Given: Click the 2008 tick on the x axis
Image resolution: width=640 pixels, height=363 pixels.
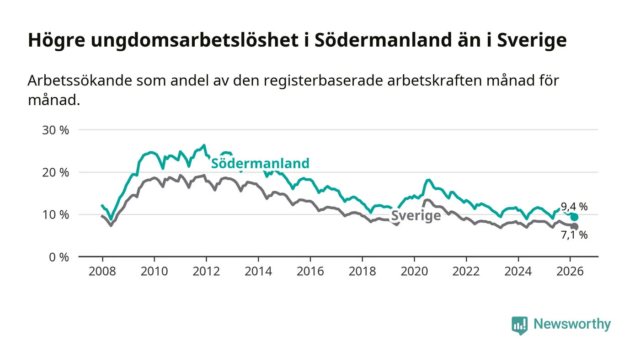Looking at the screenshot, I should pos(102,271).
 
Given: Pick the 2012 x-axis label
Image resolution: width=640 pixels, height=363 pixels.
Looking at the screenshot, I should pos(206,271).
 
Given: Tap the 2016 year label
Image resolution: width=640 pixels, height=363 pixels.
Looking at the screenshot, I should pos(310,271).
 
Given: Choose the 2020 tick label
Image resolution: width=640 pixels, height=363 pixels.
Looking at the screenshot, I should pos(414,271).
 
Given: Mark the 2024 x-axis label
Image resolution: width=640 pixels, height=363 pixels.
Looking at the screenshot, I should pos(517,271).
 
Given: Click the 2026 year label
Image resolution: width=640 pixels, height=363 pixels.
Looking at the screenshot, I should pos(570,271).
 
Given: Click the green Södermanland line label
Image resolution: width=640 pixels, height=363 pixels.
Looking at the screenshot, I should pos(260,163).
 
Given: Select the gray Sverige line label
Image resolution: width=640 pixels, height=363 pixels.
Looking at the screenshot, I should pos(416,216).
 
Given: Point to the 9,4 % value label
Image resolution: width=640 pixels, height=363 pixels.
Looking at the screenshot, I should pos(574,207).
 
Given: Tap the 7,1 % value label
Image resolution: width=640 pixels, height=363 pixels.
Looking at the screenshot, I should pos(574,235).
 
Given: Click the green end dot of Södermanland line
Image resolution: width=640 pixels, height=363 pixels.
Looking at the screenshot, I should pos(574,217).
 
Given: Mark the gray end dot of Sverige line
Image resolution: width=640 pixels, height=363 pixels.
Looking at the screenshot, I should pos(574,227).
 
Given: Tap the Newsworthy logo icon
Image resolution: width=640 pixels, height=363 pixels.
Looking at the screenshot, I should pos(519,325).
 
